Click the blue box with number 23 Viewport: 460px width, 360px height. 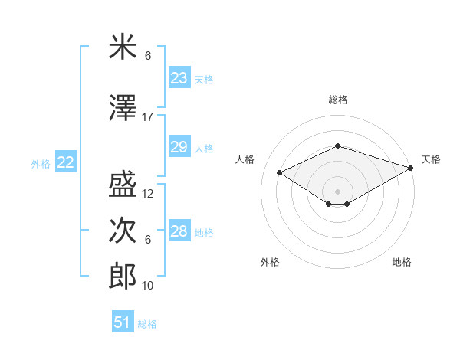tap(179, 78)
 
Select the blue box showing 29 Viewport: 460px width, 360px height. tap(179, 147)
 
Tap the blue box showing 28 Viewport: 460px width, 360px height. tap(179, 231)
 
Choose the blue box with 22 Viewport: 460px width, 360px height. tap(66, 162)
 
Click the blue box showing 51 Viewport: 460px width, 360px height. tap(123, 322)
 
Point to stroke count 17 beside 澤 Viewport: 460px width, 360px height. tap(148, 117)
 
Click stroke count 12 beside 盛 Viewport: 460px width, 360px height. tap(148, 194)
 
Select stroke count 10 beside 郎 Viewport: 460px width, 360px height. tap(148, 286)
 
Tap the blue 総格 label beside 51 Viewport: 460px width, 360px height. tap(148, 324)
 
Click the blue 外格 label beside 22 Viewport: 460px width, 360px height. tap(41, 163)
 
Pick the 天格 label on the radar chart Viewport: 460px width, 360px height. tap(431, 159)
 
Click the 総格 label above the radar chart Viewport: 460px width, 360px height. tap(337, 100)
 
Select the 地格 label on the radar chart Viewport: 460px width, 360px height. tap(402, 262)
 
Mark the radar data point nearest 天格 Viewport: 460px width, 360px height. tap(411, 168)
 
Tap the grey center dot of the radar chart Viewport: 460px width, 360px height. tap(337, 190)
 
